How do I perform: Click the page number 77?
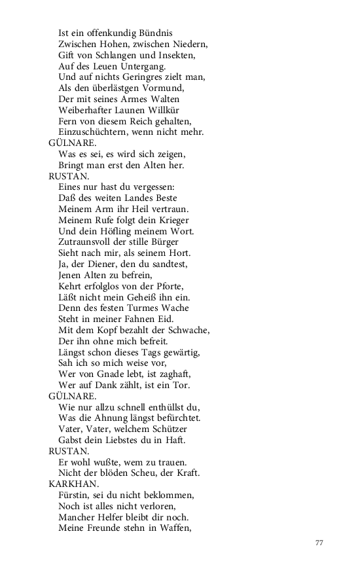(x=319, y=543)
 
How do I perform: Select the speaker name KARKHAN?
(x=73, y=484)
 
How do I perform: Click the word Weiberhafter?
(x=88, y=109)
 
